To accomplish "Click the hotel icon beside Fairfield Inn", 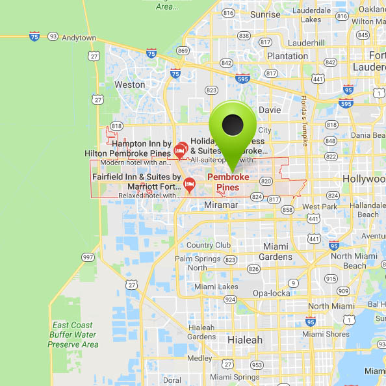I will [189, 183].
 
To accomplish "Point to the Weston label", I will [129, 84].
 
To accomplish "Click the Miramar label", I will [222, 204].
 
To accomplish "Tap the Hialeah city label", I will [245, 340].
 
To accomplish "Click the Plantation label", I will [287, 56].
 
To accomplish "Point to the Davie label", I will [270, 110].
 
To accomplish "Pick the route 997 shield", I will [88, 258].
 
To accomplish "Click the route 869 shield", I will [183, 51].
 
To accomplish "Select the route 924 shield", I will [229, 300].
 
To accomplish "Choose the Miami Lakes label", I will [216, 287].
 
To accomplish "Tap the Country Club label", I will [209, 245].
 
